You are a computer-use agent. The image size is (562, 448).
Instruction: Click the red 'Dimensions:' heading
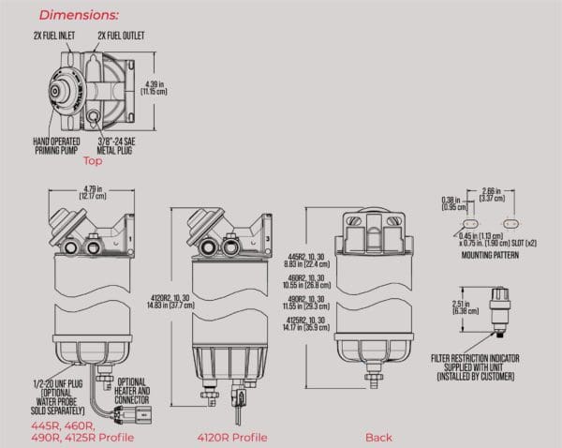(78, 15)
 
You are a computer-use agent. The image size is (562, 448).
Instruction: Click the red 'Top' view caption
(92, 161)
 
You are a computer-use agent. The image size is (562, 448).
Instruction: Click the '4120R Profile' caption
(232, 438)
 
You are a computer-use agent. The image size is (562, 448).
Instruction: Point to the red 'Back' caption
(378, 438)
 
